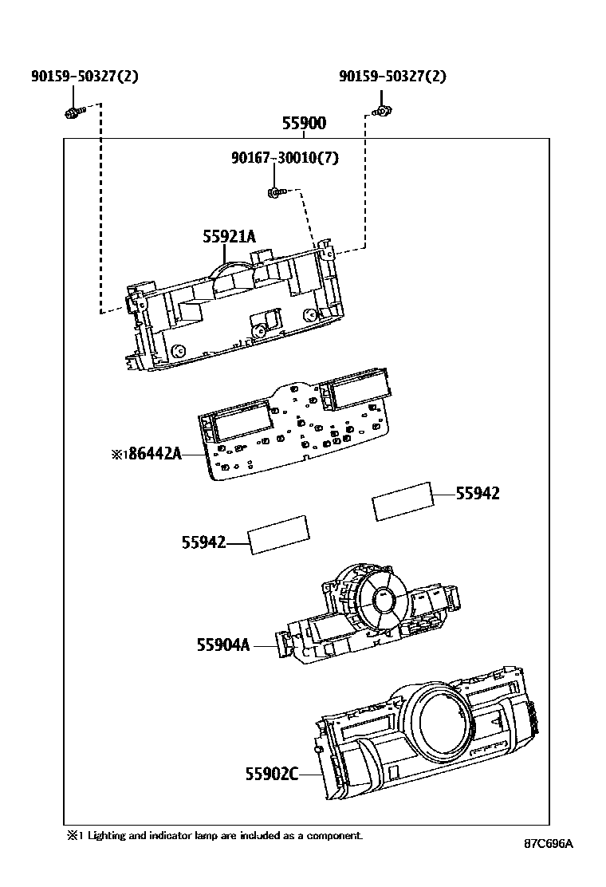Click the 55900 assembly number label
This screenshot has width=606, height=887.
(x=304, y=124)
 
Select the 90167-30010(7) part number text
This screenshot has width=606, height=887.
(x=285, y=158)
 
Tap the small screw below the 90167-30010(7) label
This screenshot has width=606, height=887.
(x=273, y=192)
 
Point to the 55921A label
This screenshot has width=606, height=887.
(x=229, y=236)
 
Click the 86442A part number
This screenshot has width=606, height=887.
(x=155, y=455)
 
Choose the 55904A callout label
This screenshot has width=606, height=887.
(x=223, y=644)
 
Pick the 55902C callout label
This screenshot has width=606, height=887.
(x=271, y=773)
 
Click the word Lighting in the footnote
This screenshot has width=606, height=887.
(x=106, y=835)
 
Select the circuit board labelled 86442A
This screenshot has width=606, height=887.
(x=295, y=431)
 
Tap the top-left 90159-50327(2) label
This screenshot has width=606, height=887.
(x=85, y=77)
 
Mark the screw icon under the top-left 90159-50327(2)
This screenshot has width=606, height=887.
(x=73, y=112)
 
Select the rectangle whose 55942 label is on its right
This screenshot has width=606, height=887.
(x=403, y=501)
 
